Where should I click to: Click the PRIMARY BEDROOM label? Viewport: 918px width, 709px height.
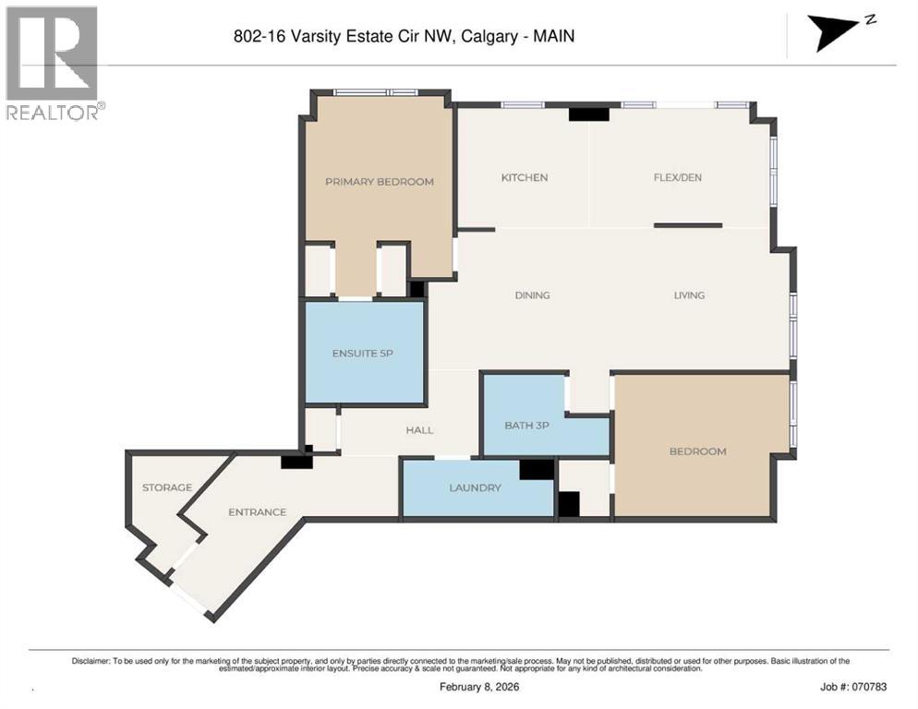tap(379, 182)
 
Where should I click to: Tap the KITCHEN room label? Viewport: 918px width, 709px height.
tap(525, 177)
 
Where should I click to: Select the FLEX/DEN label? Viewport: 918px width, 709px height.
tap(679, 177)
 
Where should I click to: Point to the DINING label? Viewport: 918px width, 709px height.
tap(533, 295)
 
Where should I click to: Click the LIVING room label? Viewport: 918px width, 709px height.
tap(689, 295)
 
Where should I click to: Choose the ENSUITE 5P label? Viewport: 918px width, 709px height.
tap(363, 354)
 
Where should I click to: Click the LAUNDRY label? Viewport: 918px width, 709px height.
tap(475, 487)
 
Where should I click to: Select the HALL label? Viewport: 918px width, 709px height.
tap(419, 430)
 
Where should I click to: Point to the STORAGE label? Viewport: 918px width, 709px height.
tap(166, 487)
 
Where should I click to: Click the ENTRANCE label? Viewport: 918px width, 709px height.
tap(257, 511)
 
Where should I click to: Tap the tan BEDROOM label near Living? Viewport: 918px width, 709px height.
tap(697, 451)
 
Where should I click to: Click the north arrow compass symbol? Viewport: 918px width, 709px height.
tap(836, 32)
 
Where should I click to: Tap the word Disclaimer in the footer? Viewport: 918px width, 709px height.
tap(91, 661)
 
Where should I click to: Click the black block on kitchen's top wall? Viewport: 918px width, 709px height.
tap(588, 114)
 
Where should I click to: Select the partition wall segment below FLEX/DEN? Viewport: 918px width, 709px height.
tap(688, 224)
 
